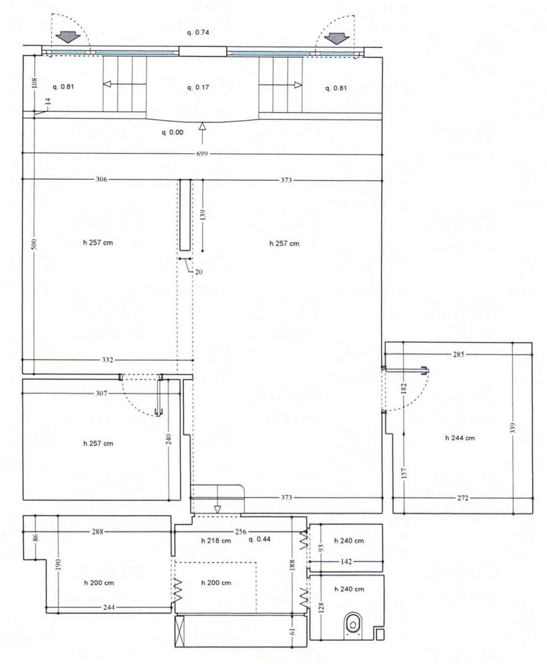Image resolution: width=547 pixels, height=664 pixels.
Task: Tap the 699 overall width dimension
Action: (202, 154)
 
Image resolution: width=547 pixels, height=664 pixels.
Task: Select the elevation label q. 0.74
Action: (197, 33)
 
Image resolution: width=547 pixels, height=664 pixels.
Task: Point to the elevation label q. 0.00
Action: (172, 132)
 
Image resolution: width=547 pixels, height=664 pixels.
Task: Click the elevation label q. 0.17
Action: (198, 87)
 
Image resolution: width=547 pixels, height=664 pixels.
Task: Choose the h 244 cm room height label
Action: (460, 438)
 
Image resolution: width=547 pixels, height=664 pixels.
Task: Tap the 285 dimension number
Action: (459, 354)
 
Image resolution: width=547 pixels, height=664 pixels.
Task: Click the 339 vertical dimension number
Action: (513, 428)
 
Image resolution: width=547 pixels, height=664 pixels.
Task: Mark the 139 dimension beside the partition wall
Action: (203, 215)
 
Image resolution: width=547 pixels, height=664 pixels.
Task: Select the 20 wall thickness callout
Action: (199, 272)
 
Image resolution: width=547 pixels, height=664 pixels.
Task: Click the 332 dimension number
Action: (107, 360)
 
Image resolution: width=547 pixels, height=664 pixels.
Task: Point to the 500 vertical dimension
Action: (35, 244)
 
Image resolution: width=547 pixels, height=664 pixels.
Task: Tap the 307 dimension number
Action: (101, 393)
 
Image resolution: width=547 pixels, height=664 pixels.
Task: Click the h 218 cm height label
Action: (216, 541)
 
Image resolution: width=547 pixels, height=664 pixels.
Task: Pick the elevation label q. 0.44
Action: (259, 539)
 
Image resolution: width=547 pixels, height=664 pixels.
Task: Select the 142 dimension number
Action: (346, 562)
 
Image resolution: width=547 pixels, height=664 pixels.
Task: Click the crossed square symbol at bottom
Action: (180, 631)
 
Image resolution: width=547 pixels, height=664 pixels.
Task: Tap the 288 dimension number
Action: (97, 532)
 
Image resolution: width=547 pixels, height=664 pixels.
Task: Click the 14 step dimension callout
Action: (48, 102)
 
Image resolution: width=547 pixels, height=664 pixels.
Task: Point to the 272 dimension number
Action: (463, 498)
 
